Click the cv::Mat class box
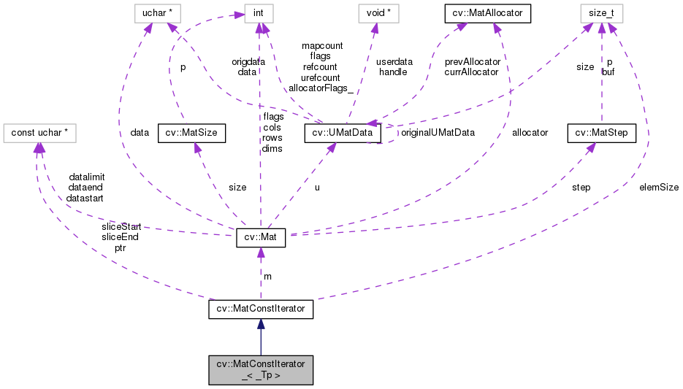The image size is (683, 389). pyautogui.click(x=261, y=238)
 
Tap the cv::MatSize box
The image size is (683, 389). pyautogui.click(x=191, y=133)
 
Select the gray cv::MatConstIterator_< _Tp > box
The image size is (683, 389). pyautogui.click(x=261, y=370)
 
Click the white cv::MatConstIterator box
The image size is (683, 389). pyautogui.click(x=261, y=309)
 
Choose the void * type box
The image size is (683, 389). pyautogui.click(x=378, y=12)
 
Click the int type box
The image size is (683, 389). pyautogui.click(x=258, y=12)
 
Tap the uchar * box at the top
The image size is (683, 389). pyautogui.click(x=157, y=12)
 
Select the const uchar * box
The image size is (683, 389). pyautogui.click(x=40, y=133)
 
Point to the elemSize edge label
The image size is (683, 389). pyautogui.click(x=658, y=187)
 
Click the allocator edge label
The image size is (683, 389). pyautogui.click(x=530, y=133)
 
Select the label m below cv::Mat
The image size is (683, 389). pyautogui.click(x=267, y=276)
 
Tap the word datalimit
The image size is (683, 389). pyautogui.click(x=87, y=177)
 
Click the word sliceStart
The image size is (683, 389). pyautogui.click(x=121, y=227)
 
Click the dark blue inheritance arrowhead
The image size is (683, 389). pyautogui.click(x=261, y=325)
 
